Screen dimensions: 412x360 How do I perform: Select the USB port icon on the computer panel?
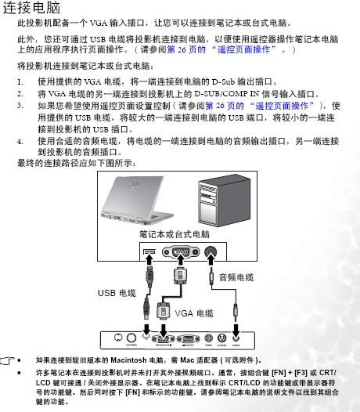(x=149, y=252)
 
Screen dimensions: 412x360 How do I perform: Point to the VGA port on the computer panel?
(x=181, y=252)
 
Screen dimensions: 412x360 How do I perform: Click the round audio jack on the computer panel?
(x=211, y=252)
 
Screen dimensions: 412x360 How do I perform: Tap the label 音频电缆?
(x=236, y=276)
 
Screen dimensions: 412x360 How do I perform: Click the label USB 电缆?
(x=117, y=293)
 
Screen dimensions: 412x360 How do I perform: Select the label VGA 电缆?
(x=194, y=313)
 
